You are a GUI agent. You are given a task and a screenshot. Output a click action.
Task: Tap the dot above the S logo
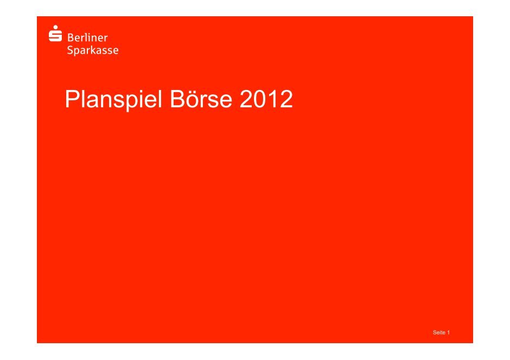click(56, 27)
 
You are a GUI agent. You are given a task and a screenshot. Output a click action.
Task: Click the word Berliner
click(87, 38)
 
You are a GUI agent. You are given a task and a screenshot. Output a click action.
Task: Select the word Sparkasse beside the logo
click(93, 50)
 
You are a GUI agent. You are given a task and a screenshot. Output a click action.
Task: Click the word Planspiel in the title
click(113, 99)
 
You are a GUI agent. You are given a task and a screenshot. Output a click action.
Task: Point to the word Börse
click(201, 99)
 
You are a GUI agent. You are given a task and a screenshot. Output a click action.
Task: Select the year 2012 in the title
click(266, 99)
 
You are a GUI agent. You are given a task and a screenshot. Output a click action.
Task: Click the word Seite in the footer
click(439, 332)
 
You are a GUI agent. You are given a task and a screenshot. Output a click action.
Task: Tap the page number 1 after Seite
click(449, 332)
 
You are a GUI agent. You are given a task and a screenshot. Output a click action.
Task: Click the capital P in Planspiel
click(73, 99)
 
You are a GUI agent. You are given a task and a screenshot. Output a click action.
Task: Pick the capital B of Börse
click(178, 99)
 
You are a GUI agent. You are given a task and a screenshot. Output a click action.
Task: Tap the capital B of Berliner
click(70, 38)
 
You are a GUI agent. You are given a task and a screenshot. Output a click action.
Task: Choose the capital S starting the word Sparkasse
click(70, 50)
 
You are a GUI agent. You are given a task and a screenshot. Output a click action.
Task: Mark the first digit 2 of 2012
click(246, 99)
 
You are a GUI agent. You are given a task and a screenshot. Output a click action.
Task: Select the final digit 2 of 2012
click(286, 99)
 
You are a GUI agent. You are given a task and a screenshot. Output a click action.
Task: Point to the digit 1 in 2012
click(272, 99)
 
